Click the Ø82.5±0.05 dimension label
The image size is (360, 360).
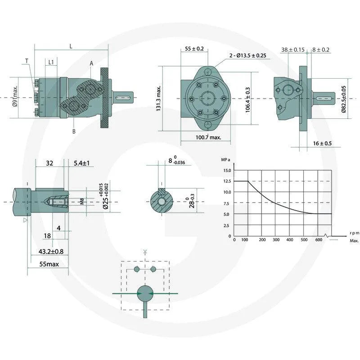coord(344,99)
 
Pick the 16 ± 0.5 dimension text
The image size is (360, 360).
coord(322,143)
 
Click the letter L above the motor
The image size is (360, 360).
coord(71,46)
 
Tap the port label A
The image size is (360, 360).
coord(91,63)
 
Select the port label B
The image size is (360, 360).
coord(73,131)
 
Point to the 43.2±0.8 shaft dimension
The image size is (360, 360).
coord(51,252)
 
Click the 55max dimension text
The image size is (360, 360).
coord(49,264)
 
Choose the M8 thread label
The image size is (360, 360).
coord(81,202)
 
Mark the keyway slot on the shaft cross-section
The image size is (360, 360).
coord(161,191)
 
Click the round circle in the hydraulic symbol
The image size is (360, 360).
coord(145,293)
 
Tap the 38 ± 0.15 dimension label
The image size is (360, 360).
coord(293,49)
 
